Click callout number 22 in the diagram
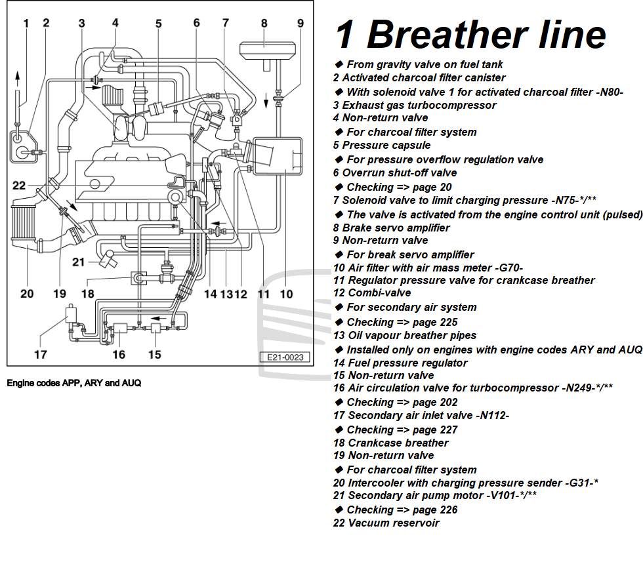tap(19, 186)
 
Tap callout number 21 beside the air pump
tap(79, 262)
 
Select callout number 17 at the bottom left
tap(41, 355)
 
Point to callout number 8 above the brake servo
tap(264, 24)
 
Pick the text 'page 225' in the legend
tap(434, 322)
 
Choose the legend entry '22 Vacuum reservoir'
tap(386, 523)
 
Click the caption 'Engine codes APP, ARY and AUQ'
tap(74, 383)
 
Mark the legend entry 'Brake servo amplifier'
tap(396, 228)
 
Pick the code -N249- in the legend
tap(577, 388)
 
